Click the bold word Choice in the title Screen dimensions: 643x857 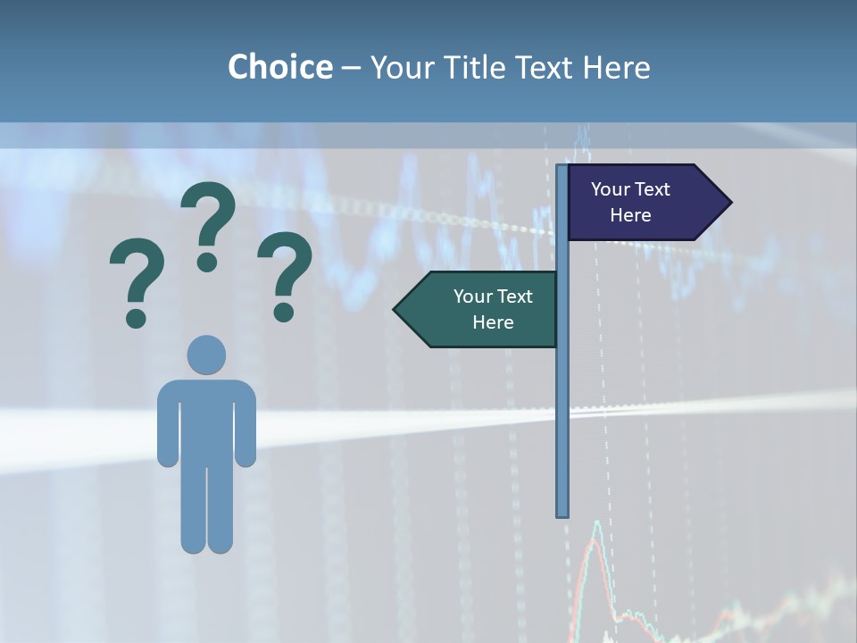(x=279, y=67)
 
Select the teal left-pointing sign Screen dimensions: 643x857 (x=482, y=310)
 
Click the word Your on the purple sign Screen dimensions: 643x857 (x=611, y=189)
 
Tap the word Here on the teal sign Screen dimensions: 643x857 (x=493, y=322)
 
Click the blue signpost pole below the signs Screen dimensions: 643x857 (x=562, y=429)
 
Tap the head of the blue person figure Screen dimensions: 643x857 (x=206, y=355)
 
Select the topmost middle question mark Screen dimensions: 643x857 (x=208, y=219)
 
